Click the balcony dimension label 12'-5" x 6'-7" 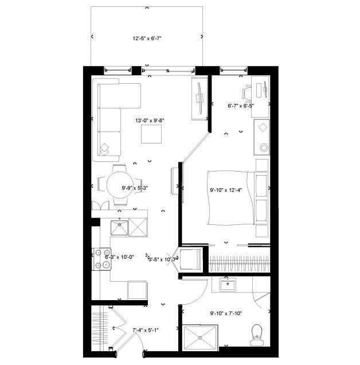(x=147, y=40)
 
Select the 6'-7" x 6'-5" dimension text (x=241, y=106)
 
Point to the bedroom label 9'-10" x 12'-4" (x=226, y=190)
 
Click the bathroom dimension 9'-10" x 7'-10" (x=226, y=313)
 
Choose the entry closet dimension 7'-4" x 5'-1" (x=145, y=330)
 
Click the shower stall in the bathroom (x=201, y=336)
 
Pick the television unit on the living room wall (x=199, y=98)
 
